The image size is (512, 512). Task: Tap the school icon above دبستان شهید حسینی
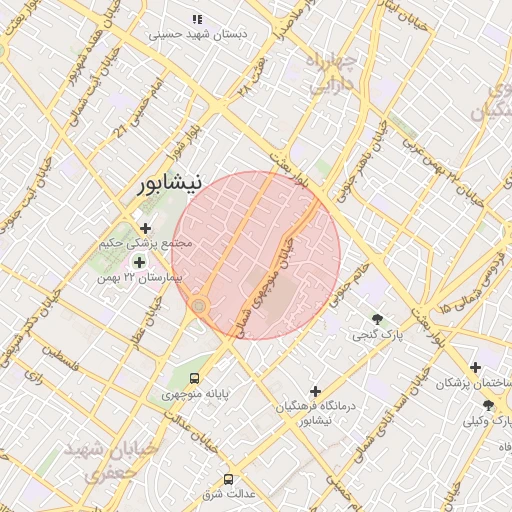[198, 18]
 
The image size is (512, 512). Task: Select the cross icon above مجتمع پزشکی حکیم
[146, 228]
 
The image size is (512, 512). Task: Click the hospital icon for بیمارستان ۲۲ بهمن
[137, 262]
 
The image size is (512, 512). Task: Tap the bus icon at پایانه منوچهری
[194, 378]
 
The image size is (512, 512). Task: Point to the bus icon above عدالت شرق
[229, 479]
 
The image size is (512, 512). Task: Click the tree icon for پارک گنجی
[376, 319]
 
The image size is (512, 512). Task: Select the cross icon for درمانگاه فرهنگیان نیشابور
[316, 391]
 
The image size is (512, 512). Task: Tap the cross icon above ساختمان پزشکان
[475, 368]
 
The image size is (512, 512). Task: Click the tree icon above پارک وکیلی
[488, 404]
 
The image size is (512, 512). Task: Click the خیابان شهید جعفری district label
[97, 461]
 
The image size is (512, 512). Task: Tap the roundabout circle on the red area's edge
[199, 304]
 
